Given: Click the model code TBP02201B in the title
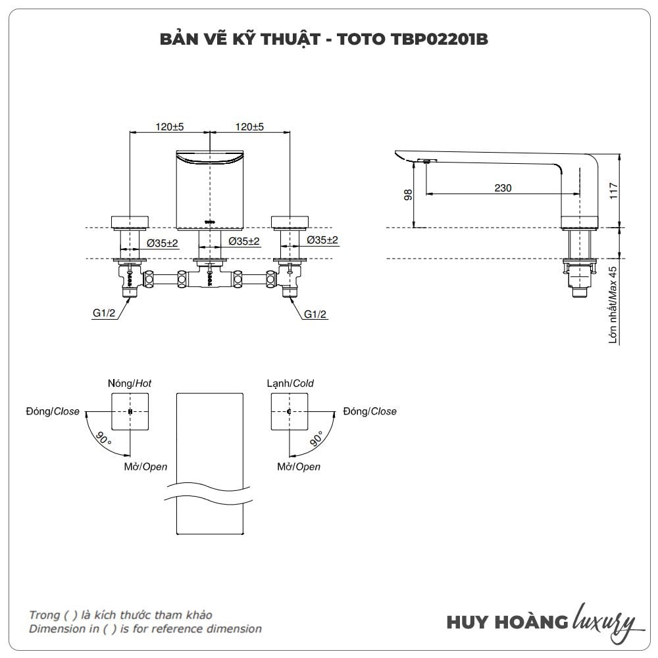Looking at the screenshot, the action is tap(440, 39).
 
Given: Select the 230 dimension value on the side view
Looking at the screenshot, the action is tap(503, 188).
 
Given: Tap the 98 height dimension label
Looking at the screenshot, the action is tap(408, 195).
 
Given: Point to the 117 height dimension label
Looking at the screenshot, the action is tap(613, 191).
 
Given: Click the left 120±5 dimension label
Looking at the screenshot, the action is tap(170, 126).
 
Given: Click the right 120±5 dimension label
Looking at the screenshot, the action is tap(249, 126).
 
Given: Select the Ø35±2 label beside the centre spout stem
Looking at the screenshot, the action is tap(244, 241).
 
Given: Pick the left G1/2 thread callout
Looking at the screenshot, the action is tap(104, 313).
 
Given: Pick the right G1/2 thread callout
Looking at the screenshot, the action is tap(315, 314).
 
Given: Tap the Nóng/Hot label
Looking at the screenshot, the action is tap(129, 383).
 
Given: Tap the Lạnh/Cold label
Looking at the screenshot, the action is tap(290, 383).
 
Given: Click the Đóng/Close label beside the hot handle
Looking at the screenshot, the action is tap(53, 411).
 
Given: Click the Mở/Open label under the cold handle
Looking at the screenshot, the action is tap(299, 467).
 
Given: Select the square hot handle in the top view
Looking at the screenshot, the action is tap(130, 412).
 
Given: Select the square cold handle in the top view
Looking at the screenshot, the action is tap(290, 412).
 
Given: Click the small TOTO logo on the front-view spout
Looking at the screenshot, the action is tap(210, 221).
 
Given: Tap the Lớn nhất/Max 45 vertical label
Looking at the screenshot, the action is tap(613, 305).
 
